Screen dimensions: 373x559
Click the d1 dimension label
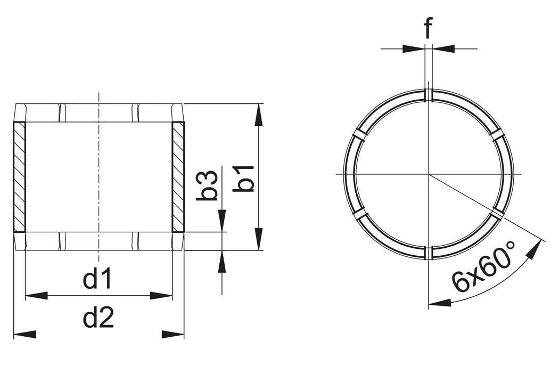click(x=98, y=280)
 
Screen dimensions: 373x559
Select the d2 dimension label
click(x=98, y=319)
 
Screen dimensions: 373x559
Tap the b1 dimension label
click(x=245, y=177)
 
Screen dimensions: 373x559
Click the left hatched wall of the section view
click(x=19, y=177)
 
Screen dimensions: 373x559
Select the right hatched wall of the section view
click(x=178, y=177)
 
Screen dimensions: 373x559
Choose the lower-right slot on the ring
click(x=497, y=214)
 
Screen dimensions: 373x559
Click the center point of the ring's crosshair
click(x=429, y=174)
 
